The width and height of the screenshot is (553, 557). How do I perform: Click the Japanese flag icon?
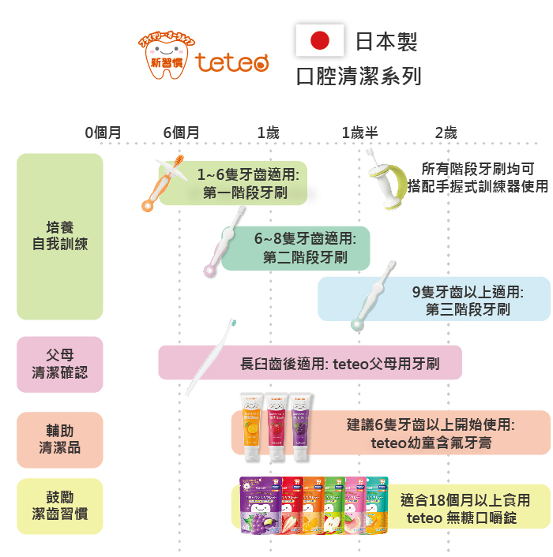[x=319, y=40]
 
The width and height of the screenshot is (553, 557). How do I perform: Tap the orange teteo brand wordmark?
[x=233, y=62]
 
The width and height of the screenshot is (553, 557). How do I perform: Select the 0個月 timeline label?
[x=103, y=133]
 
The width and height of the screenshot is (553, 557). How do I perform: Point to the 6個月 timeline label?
[x=181, y=133]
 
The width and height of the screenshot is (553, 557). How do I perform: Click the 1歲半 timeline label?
[x=359, y=133]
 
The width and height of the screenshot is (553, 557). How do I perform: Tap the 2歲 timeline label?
[x=446, y=133]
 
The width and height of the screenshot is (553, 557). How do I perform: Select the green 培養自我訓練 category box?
[x=60, y=236]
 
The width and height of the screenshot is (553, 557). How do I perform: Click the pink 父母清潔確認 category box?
[x=60, y=364]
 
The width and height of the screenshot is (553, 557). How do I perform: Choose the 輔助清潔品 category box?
[x=60, y=439]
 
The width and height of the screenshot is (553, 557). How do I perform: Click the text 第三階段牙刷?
[x=468, y=309]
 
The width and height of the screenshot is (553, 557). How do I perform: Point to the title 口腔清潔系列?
[x=358, y=77]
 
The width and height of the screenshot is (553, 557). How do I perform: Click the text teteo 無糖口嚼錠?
[x=461, y=518]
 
